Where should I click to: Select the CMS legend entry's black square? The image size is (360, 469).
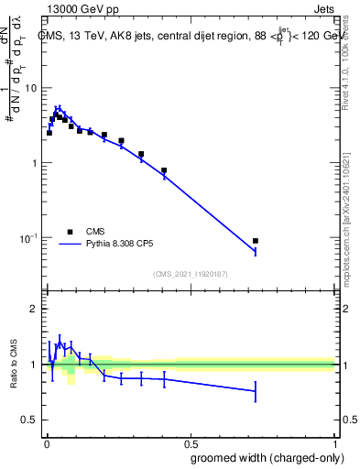pos(70,232)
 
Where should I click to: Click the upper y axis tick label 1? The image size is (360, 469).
pos(34,163)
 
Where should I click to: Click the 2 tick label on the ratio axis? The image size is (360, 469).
pos(34,309)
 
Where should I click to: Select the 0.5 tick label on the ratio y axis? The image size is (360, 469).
pos(29,420)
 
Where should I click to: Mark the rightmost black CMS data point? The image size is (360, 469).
pos(256,241)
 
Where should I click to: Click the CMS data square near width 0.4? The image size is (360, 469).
pos(164,170)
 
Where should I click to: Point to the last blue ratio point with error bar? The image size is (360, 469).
pos(256,391)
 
